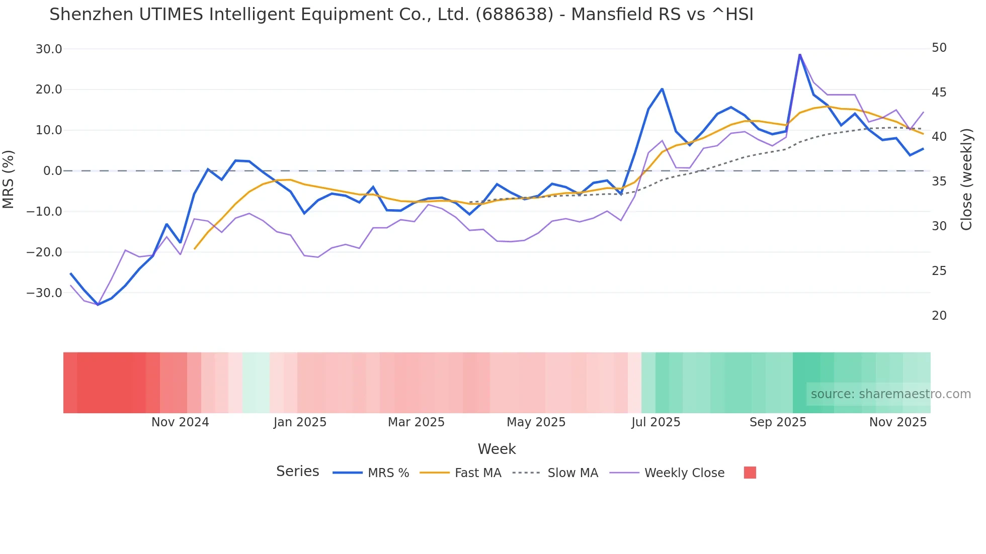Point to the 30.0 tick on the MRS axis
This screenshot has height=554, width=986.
pyautogui.click(x=49, y=49)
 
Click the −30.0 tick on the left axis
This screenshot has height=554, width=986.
pyautogui.click(x=45, y=293)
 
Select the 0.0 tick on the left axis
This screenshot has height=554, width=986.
pyautogui.click(x=53, y=171)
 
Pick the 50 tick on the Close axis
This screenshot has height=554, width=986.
pyautogui.click(x=939, y=48)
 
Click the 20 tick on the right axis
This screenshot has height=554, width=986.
pyautogui.click(x=939, y=316)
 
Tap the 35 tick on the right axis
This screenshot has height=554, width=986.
pyautogui.click(x=939, y=181)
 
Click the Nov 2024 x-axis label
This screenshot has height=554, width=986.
pyautogui.click(x=180, y=422)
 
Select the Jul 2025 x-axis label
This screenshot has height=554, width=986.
pyautogui.click(x=655, y=422)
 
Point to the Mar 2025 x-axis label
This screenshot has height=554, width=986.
pyautogui.click(x=416, y=422)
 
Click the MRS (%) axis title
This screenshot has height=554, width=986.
pyautogui.click(x=9, y=179)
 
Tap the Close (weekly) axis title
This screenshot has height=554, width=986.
pyautogui.click(x=966, y=179)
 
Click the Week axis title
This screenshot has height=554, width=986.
pyautogui.click(x=497, y=449)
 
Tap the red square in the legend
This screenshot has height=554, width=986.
pyautogui.click(x=750, y=473)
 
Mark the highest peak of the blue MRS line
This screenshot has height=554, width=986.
pyautogui.click(x=800, y=54)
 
